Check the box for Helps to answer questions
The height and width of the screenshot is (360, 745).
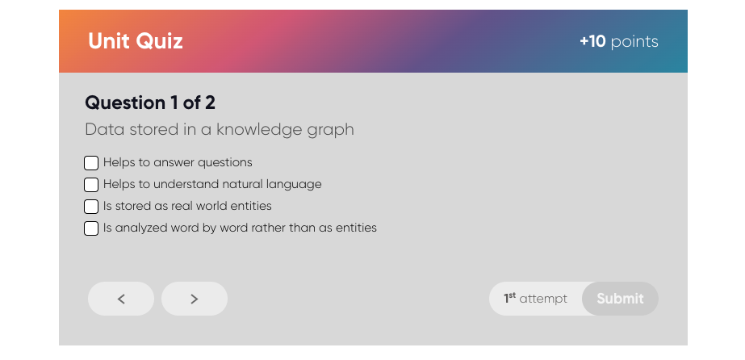(90, 163)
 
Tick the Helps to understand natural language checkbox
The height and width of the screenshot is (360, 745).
(90, 185)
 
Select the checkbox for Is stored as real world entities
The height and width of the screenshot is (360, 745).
(90, 207)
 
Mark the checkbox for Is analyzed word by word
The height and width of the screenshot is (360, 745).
(90, 228)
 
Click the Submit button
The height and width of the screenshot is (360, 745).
(620, 299)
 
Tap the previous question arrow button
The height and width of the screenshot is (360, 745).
(121, 299)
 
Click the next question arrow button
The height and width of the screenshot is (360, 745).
(195, 299)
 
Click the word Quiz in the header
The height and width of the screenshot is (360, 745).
(159, 41)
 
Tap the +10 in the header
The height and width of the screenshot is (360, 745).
(592, 42)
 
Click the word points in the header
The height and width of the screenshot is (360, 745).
(634, 42)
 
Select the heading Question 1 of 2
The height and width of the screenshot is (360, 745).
(150, 103)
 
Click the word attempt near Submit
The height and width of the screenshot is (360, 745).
(543, 299)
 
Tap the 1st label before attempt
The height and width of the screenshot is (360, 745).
(509, 299)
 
